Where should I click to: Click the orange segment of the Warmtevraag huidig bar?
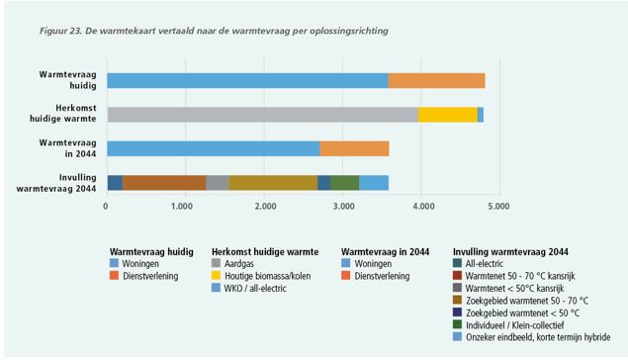click(436, 80)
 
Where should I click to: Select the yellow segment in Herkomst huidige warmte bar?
click(447, 115)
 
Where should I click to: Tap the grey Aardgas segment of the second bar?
click(262, 115)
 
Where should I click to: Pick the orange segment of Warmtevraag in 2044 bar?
click(354, 148)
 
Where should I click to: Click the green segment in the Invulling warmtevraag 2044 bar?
click(344, 183)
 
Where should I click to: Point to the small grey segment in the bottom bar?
click(218, 183)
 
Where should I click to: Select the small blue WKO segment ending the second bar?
click(481, 115)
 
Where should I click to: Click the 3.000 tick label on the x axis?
click(344, 207)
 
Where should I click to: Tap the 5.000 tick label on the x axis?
click(497, 207)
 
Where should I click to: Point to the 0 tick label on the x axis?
click(106, 207)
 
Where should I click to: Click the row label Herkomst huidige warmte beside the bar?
click(63, 114)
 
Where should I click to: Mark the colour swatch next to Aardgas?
click(216, 263)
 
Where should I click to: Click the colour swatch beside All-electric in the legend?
click(457, 263)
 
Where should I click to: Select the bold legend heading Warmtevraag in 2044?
click(385, 252)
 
